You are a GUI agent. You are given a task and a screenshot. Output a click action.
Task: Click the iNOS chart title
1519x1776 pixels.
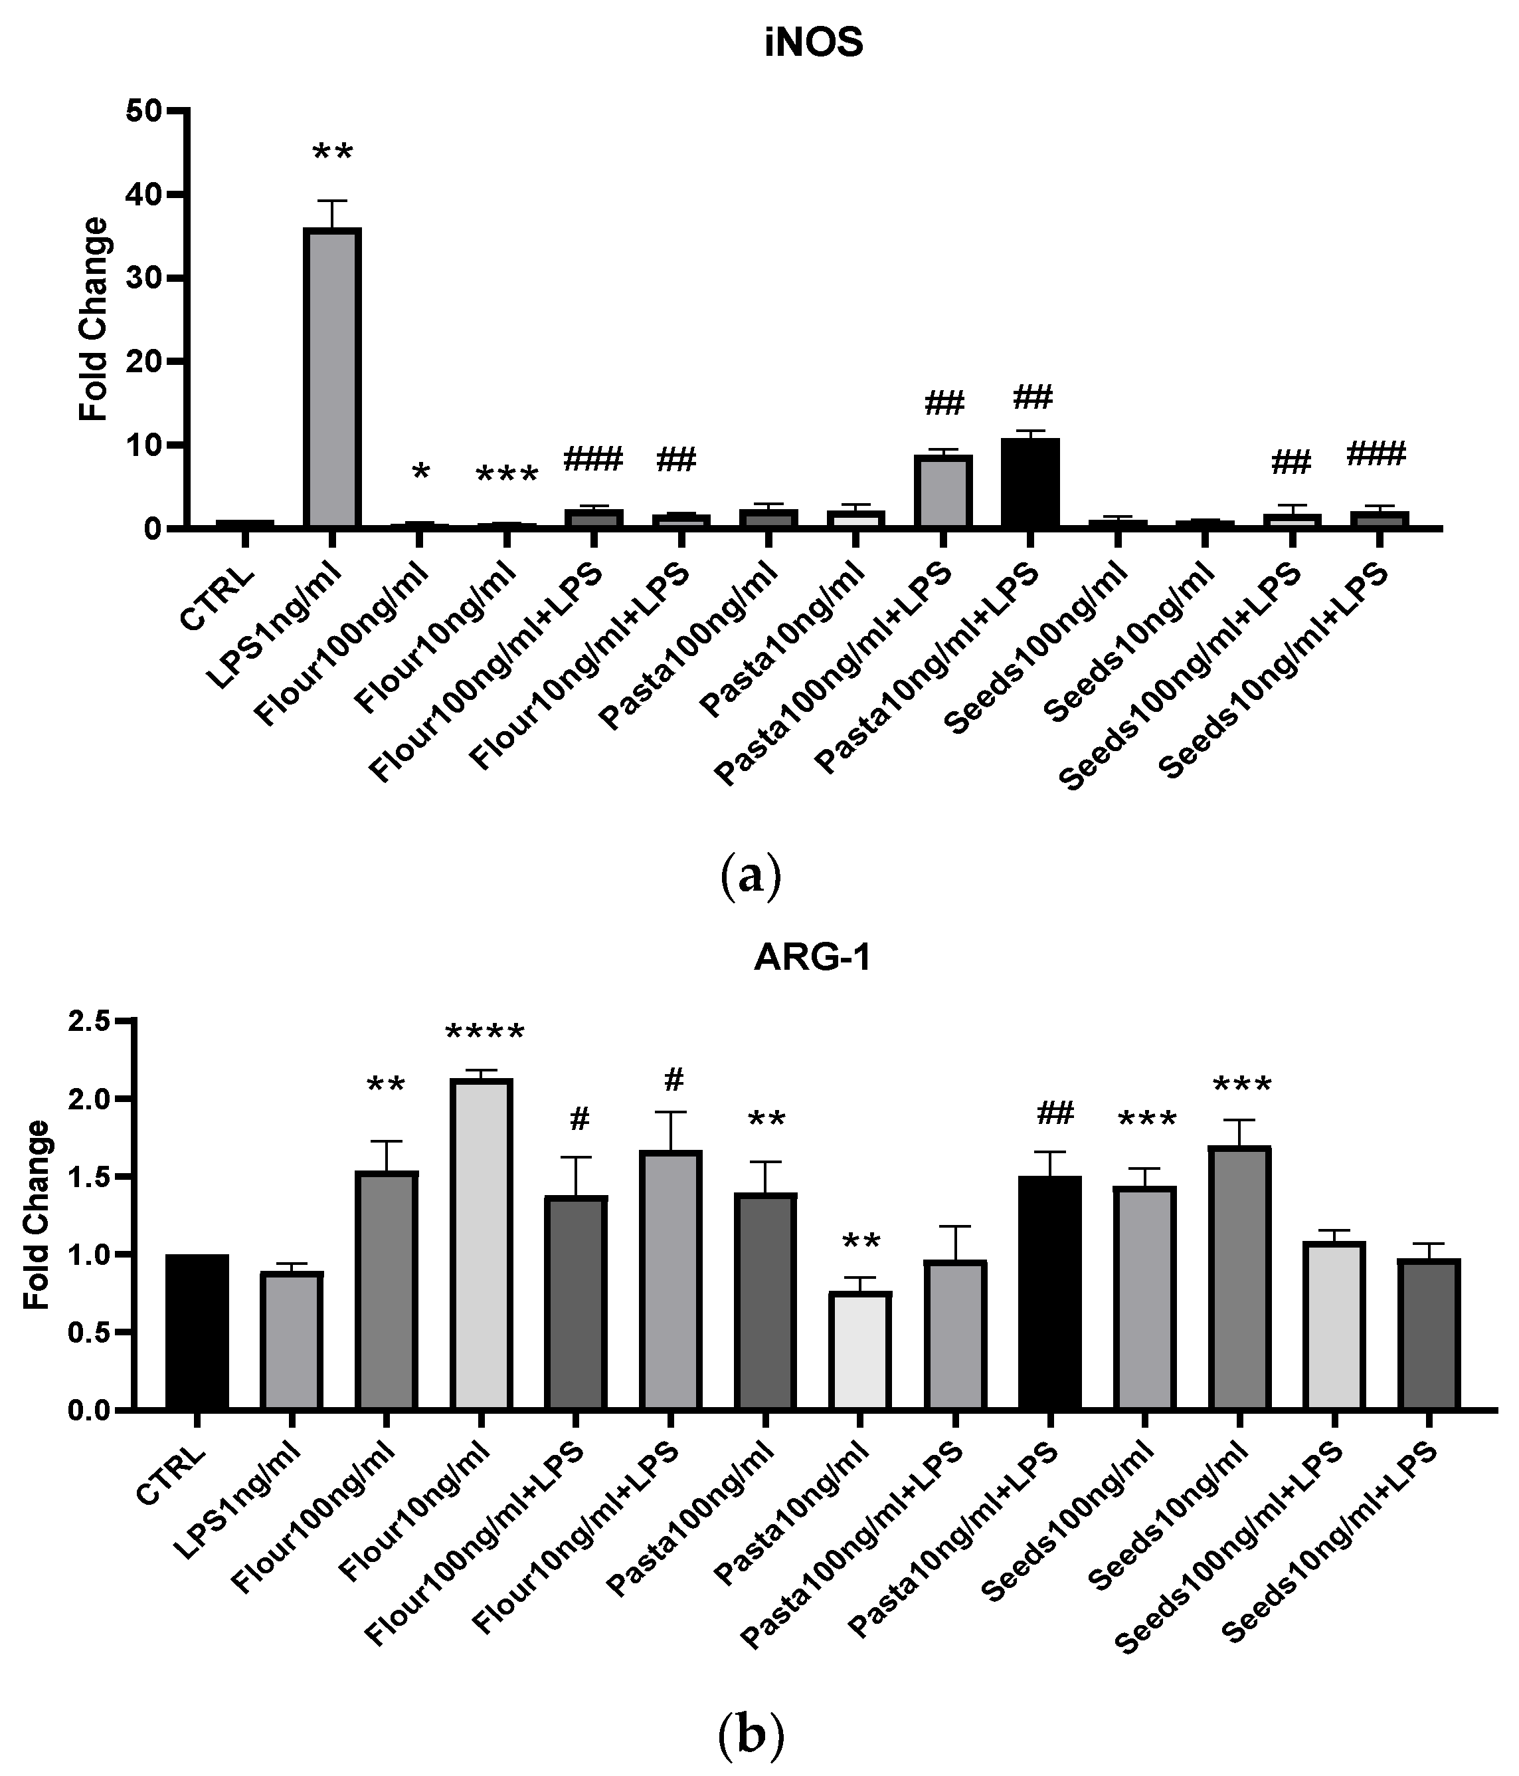click(813, 43)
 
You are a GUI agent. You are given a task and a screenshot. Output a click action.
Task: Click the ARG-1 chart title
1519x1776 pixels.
click(812, 957)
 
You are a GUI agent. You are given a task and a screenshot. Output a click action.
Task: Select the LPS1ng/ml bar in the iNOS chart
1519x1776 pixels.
click(331, 377)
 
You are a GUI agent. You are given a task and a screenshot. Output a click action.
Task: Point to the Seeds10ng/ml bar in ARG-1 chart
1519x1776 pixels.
click(1239, 1277)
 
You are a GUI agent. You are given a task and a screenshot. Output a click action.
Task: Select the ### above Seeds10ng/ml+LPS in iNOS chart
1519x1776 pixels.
click(1376, 453)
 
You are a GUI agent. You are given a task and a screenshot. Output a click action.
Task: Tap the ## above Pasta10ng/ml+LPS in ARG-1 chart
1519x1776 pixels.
click(1055, 1114)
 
